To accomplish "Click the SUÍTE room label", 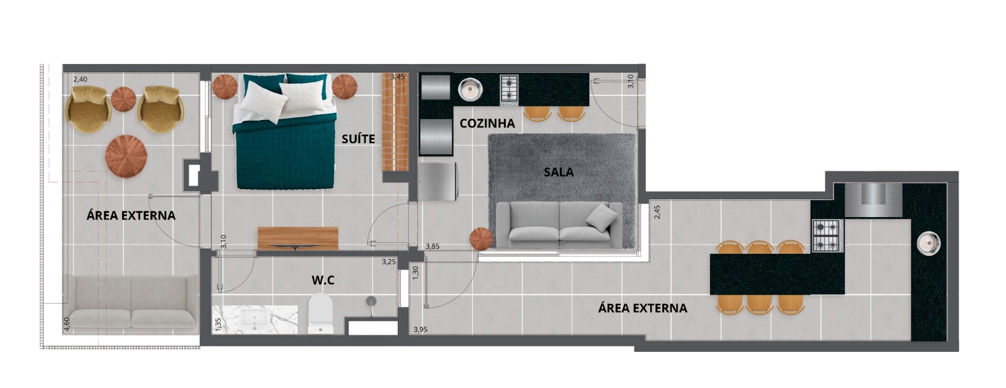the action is click(358, 139).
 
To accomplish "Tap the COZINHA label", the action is click(487, 123).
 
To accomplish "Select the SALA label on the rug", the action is click(559, 172).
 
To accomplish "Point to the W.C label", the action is click(323, 281).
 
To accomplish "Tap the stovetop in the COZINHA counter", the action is click(509, 88).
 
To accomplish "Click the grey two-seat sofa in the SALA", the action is click(559, 225).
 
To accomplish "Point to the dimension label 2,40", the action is click(80, 79).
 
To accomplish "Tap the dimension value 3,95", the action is click(420, 329).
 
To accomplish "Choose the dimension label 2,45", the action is click(657, 211).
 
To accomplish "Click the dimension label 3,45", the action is click(398, 77).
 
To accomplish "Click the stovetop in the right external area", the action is click(826, 235).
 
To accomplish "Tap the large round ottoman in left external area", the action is click(126, 156).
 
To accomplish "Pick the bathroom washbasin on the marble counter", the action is click(255, 319).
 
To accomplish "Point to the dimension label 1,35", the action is click(218, 325).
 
